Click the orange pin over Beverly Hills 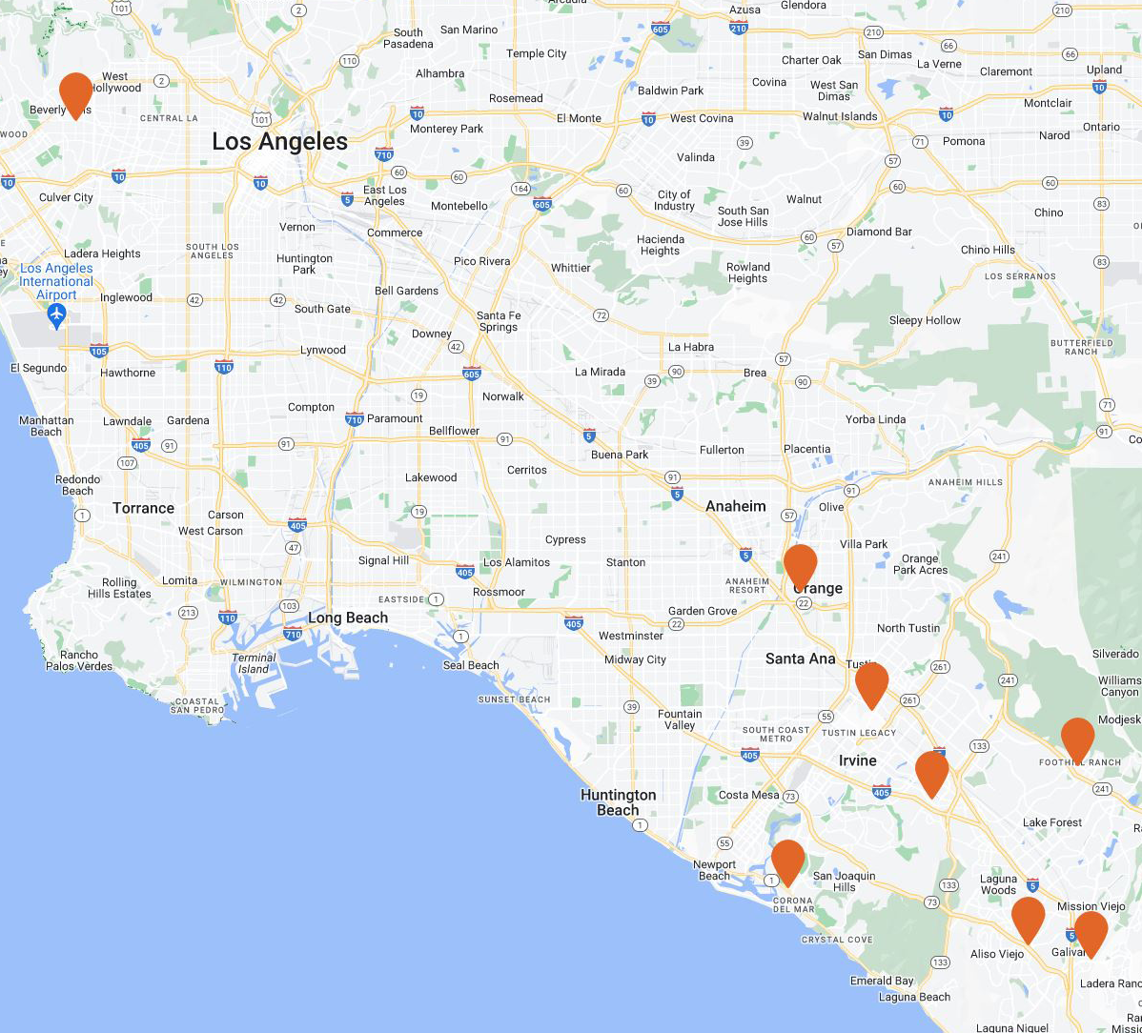[x=75, y=93]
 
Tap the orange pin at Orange [x=800, y=565]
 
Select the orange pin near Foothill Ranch [x=1077, y=739]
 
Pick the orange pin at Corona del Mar [x=787, y=861]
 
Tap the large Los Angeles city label [x=279, y=142]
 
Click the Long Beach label [x=348, y=618]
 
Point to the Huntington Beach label [x=619, y=802]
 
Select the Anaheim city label [x=735, y=506]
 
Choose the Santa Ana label [x=800, y=658]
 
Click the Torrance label [x=143, y=508]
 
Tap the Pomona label [x=964, y=141]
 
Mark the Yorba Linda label [x=875, y=419]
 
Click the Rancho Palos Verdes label [x=79, y=659]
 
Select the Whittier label [x=570, y=268]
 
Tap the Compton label [x=311, y=407]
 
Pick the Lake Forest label [x=1052, y=822]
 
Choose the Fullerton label [x=722, y=450]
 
